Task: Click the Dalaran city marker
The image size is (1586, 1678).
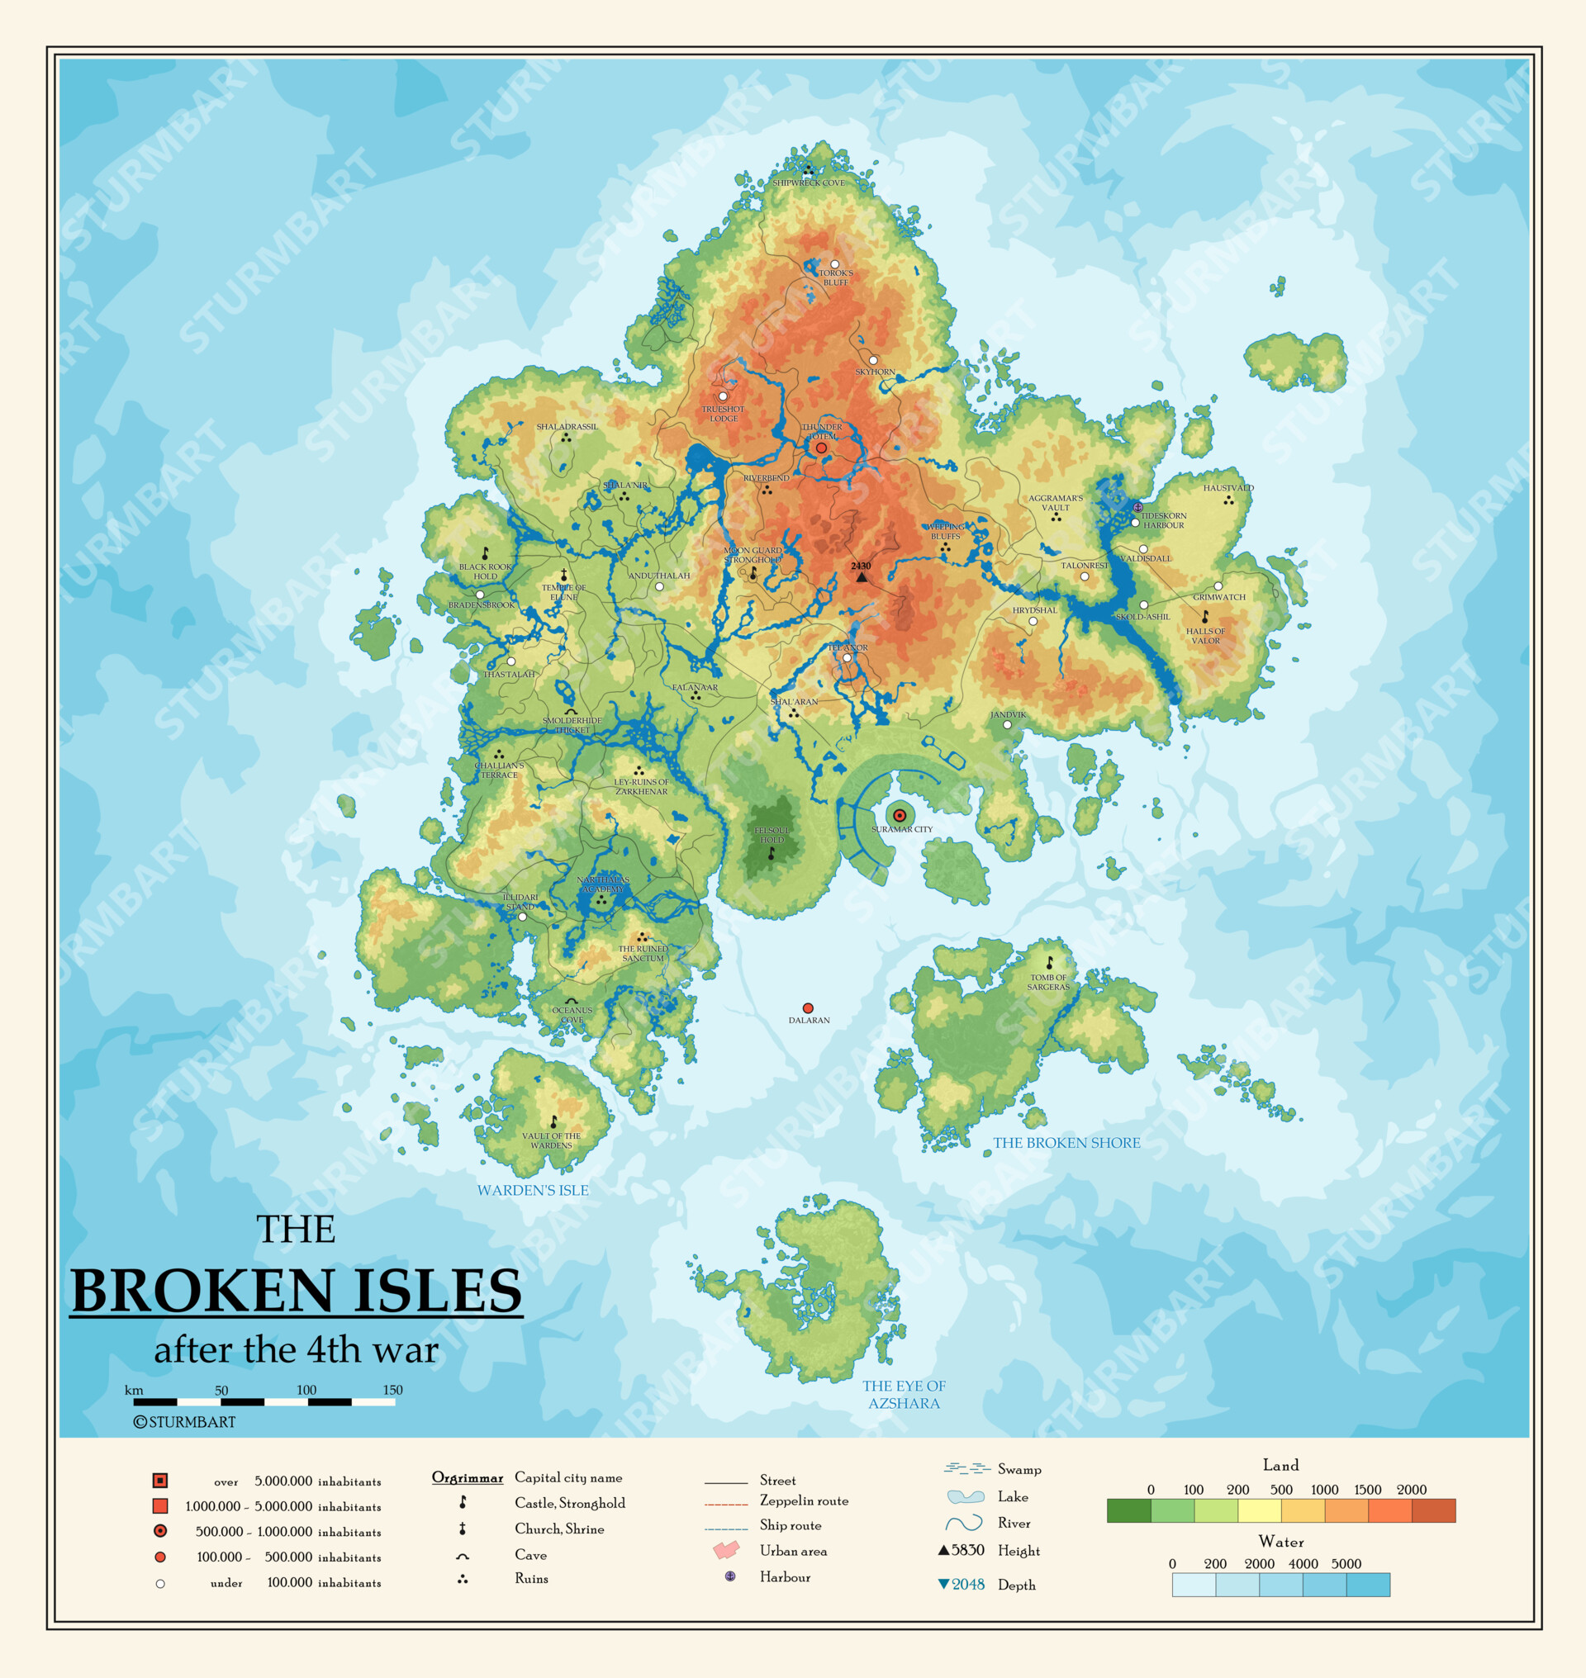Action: pos(807,1008)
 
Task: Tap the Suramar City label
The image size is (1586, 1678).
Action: pos(902,829)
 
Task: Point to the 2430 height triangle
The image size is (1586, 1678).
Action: pos(862,577)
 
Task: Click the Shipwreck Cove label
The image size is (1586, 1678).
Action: pos(808,182)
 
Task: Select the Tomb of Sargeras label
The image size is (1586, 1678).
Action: pos(1048,983)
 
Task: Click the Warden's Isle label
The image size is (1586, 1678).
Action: pos(533,1190)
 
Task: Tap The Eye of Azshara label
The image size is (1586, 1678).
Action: pos(904,1395)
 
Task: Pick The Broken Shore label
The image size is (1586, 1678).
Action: pos(1066,1143)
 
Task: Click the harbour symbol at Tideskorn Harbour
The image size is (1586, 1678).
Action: pos(1138,507)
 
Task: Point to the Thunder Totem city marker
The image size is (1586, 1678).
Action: pos(821,448)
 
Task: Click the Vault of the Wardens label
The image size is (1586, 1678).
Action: pos(551,1140)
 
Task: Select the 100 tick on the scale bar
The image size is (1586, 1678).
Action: pos(307,1390)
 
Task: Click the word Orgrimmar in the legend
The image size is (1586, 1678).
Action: pos(468,1477)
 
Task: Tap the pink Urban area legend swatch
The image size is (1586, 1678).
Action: pos(726,1550)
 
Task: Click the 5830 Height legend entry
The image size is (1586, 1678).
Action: pos(962,1550)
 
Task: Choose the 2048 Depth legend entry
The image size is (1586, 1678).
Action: pos(962,1584)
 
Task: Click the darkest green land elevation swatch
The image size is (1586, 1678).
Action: pos(1128,1510)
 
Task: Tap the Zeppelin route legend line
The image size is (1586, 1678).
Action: pos(726,1505)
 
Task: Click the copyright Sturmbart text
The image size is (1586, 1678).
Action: pos(184,1422)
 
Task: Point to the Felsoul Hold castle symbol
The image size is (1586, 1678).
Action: pos(771,855)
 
